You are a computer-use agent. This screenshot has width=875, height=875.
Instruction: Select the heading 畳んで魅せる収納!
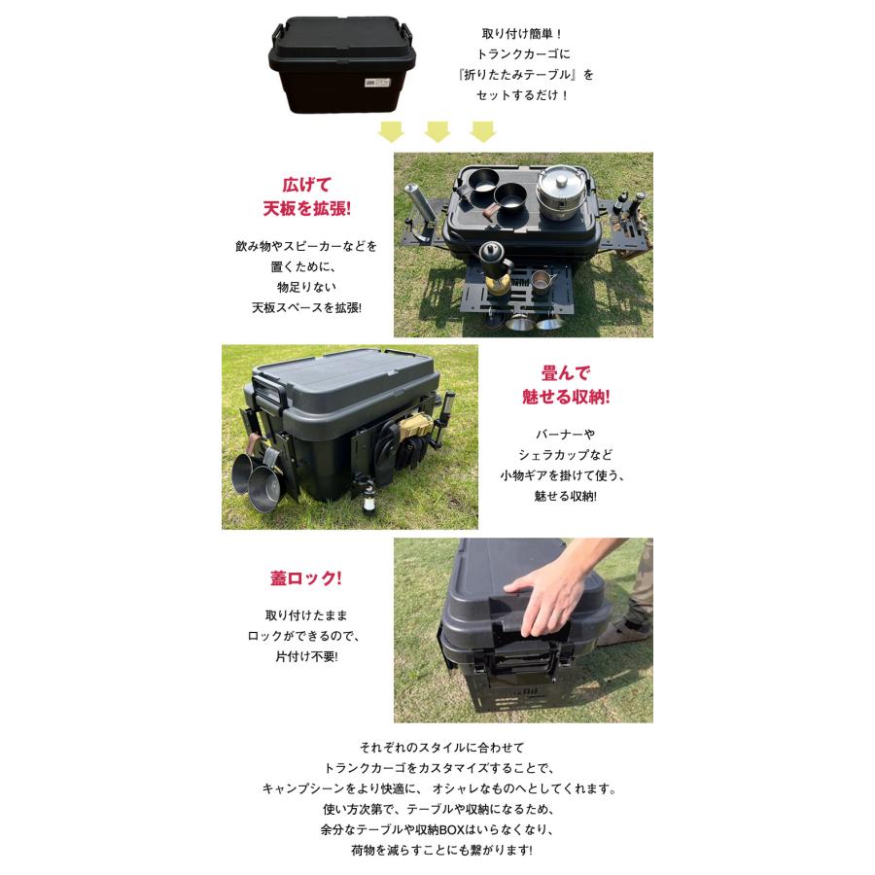[x=567, y=385]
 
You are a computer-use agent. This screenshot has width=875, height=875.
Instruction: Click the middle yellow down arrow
[x=437, y=131]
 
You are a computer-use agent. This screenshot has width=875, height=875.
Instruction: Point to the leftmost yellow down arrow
[x=391, y=131]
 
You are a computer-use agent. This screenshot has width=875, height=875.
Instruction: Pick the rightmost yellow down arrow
[x=483, y=131]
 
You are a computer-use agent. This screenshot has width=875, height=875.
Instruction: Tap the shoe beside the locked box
[x=622, y=632]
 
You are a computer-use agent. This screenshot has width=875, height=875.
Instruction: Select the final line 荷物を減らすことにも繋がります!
[x=441, y=850]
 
